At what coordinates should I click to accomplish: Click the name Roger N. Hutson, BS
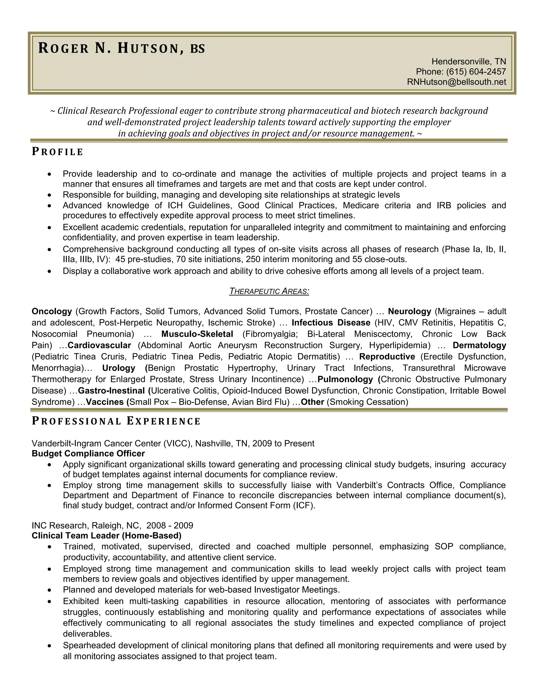pyautogui.click(x=121, y=48)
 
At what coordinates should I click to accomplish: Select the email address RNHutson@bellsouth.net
pyautogui.click(x=456, y=82)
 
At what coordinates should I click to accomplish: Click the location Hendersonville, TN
pyautogui.click(x=469, y=61)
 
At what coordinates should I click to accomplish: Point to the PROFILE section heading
pyautogui.click(x=57, y=152)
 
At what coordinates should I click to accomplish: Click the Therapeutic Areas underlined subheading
pyautogui.click(x=269, y=291)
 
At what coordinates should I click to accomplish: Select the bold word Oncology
pyautogui.click(x=52, y=311)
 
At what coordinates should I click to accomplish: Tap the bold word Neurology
pyautogui.click(x=409, y=311)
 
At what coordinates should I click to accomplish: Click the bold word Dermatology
pyautogui.click(x=479, y=345)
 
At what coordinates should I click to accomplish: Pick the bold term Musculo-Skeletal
pyautogui.click(x=197, y=334)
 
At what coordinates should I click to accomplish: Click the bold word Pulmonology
pyautogui.click(x=345, y=379)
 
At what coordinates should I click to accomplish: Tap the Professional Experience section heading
pyautogui.click(x=116, y=421)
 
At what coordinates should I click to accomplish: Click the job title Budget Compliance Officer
pyautogui.click(x=88, y=454)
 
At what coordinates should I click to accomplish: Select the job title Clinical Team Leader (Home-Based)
pyautogui.click(x=106, y=535)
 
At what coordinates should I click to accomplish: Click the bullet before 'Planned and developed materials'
pyautogui.click(x=49, y=590)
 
